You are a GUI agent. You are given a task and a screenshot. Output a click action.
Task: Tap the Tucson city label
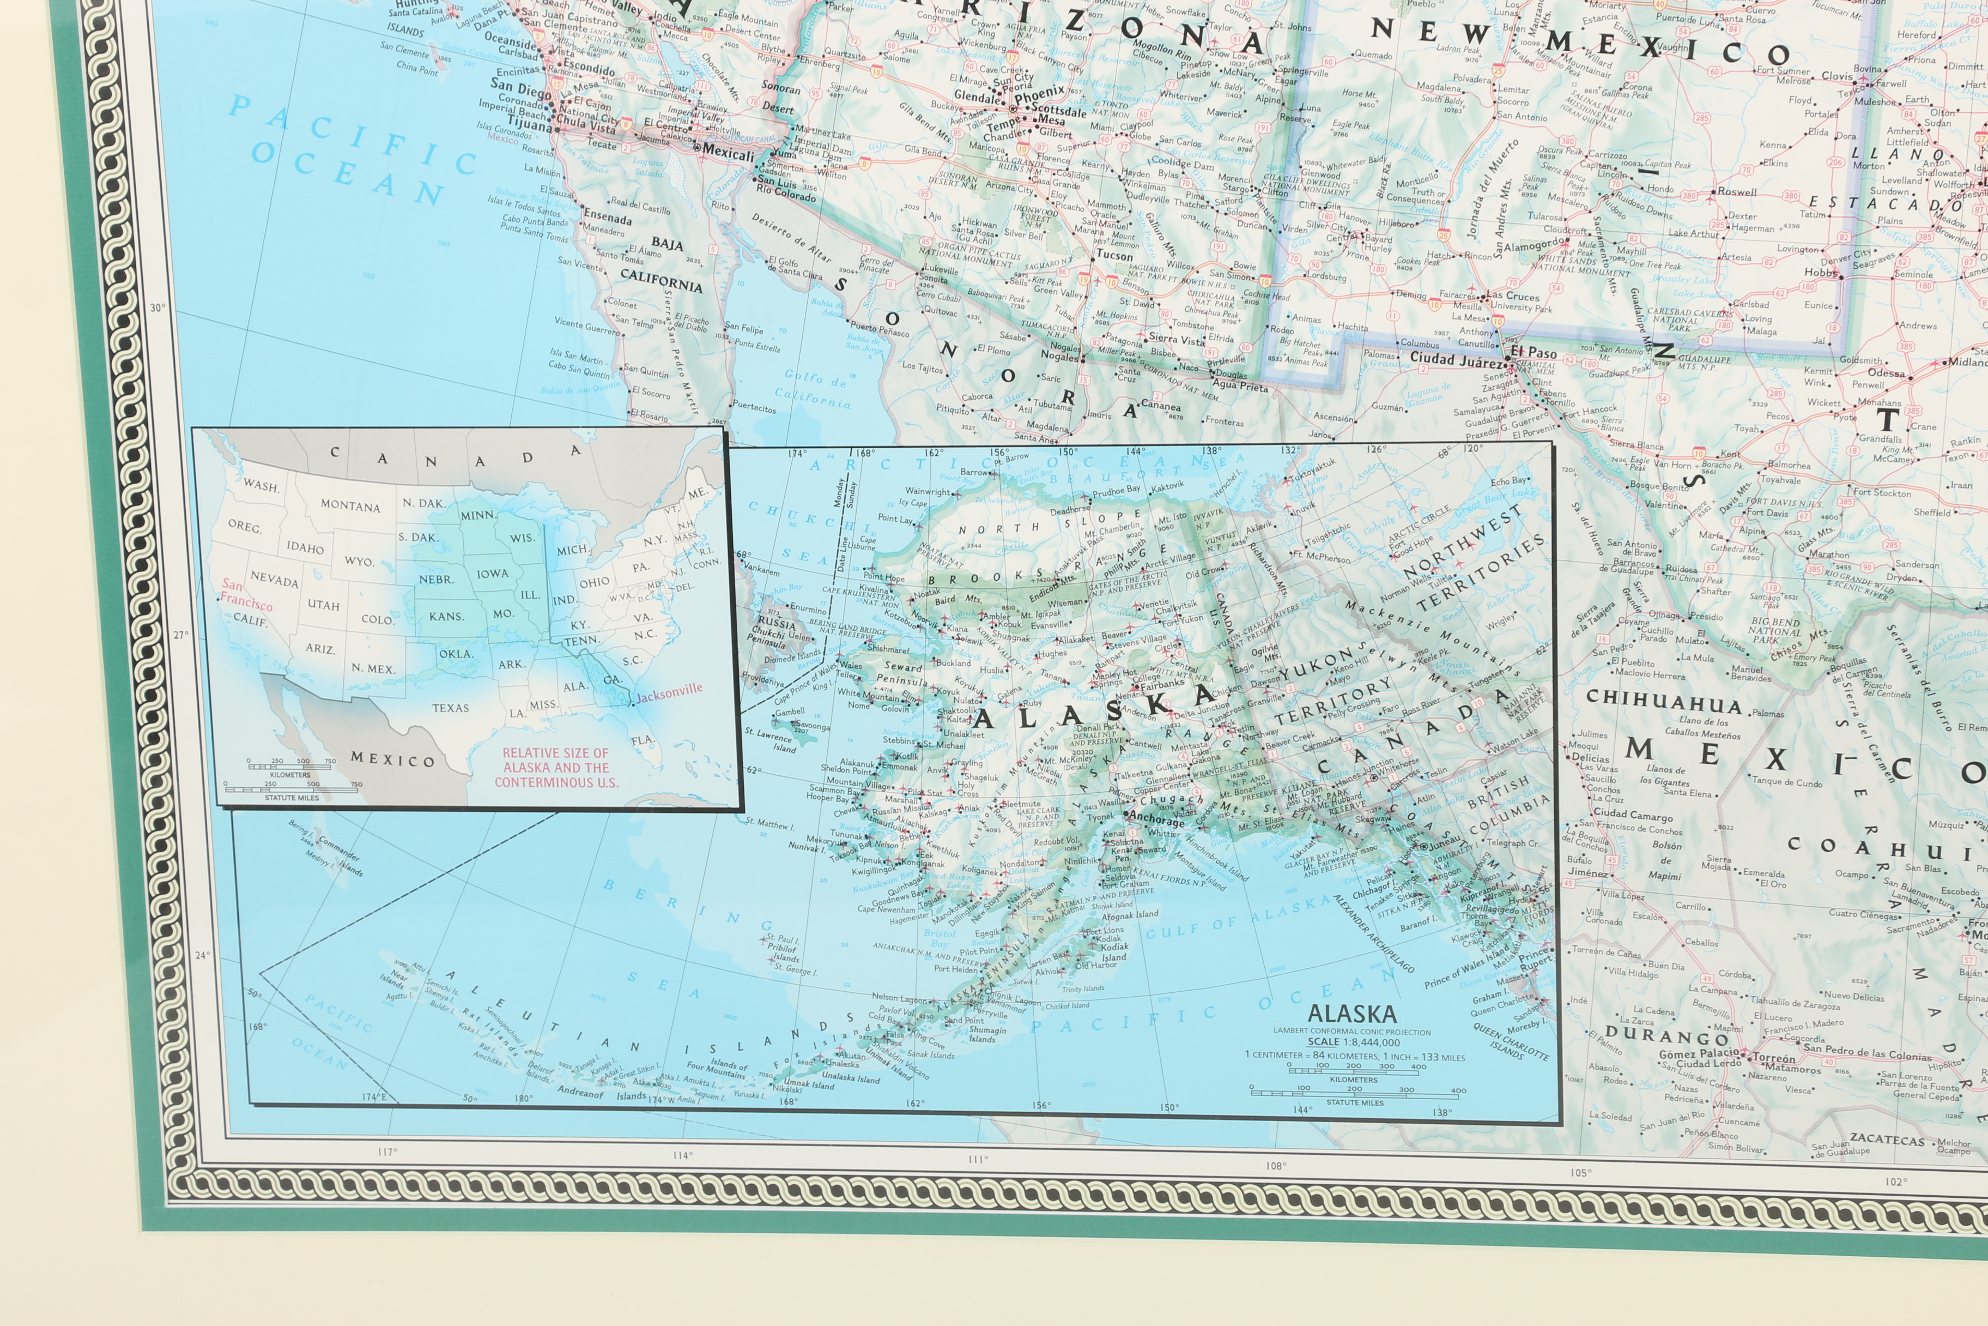[1114, 255]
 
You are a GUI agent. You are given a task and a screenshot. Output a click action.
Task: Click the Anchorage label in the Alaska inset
[1157, 818]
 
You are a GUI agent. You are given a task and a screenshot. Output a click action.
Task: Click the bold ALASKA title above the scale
[1351, 1014]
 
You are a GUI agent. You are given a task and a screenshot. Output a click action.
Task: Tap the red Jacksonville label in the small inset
[669, 692]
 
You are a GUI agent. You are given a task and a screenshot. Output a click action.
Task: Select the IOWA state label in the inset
[492, 574]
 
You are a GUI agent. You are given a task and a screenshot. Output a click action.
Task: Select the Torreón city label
[1773, 1058]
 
